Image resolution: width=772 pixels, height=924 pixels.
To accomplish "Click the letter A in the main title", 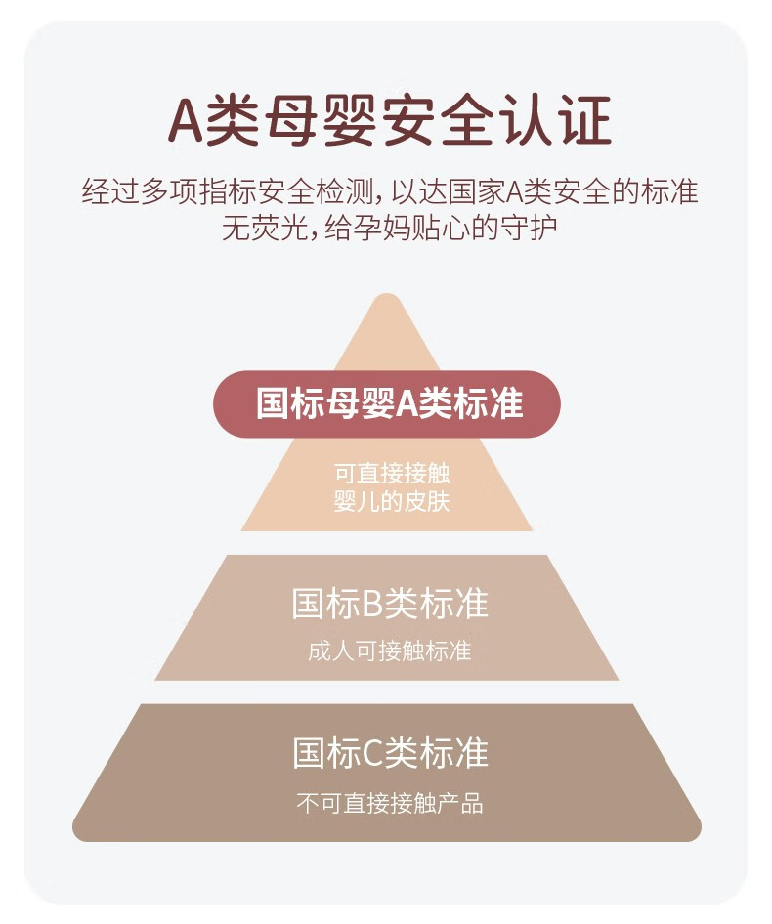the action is coord(185,121).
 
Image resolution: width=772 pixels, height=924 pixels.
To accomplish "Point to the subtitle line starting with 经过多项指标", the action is coord(389,191).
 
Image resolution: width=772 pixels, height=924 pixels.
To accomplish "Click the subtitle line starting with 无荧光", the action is coord(389,228).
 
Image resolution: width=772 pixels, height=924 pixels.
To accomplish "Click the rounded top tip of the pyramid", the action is coord(386,295).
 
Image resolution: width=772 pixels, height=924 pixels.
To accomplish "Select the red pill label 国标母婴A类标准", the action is coord(387,403).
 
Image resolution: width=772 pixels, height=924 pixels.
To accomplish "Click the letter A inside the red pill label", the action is coord(407,404).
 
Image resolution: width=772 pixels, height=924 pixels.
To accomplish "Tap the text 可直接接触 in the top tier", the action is coord(392,473).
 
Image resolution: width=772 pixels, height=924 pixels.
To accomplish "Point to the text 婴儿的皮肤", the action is coord(392,501).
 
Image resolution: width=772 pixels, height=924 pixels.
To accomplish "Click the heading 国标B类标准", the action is coord(390,603).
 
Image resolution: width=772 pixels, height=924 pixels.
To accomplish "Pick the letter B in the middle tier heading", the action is coord(372,604).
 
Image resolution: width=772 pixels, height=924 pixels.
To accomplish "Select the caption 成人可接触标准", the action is coord(389,651).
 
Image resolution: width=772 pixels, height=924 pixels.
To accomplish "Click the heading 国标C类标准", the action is coord(390,752).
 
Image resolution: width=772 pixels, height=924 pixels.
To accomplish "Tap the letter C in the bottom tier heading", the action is coord(372,753).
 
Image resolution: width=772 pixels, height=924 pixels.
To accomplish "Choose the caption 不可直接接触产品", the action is coord(389,803).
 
